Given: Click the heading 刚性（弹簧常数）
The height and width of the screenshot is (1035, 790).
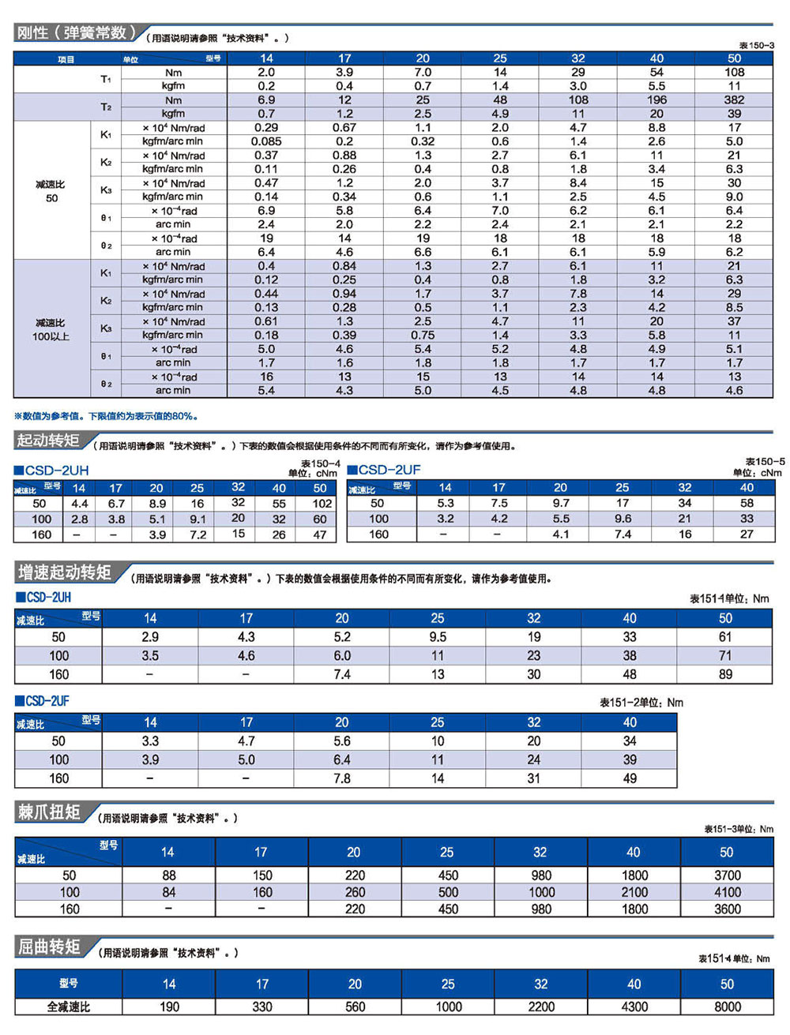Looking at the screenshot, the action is [x=77, y=33].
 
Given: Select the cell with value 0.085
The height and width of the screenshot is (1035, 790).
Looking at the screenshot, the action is [x=266, y=141].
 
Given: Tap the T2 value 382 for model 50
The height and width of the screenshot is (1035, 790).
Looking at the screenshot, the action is [x=734, y=100].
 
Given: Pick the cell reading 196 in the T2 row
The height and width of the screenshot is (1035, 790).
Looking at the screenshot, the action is [x=656, y=100].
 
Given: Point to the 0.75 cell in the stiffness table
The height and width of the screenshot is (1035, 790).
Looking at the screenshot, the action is [x=423, y=336].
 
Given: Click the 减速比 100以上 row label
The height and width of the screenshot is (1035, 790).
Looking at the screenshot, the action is [x=51, y=329].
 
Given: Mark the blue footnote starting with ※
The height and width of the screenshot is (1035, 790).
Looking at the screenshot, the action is [x=106, y=416].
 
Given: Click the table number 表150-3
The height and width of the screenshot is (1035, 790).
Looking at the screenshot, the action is [x=757, y=45].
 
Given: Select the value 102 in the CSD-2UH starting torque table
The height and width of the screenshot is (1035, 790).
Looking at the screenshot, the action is [x=322, y=504].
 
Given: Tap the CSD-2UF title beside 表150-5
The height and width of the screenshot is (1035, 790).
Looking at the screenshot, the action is [x=384, y=470].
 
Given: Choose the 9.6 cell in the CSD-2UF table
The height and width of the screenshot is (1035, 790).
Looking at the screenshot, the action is [x=623, y=519].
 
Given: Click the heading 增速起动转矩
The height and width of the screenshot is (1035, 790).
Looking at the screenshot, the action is [x=64, y=572].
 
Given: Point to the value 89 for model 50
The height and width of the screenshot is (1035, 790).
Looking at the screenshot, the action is [x=725, y=674].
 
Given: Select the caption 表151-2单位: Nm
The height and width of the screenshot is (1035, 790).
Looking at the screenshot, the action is [x=641, y=703].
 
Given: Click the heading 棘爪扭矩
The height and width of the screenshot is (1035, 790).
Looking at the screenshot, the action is [x=49, y=812].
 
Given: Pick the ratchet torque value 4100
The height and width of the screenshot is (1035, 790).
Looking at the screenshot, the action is [x=728, y=892].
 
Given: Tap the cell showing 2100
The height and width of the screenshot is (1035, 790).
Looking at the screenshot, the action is [x=634, y=892].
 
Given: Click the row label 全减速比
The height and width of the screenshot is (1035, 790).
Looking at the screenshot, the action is [x=69, y=1007].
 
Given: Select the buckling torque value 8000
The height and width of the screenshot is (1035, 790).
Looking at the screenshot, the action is [x=728, y=1007].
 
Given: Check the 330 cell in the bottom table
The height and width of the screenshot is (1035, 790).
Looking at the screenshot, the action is [x=262, y=1007].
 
